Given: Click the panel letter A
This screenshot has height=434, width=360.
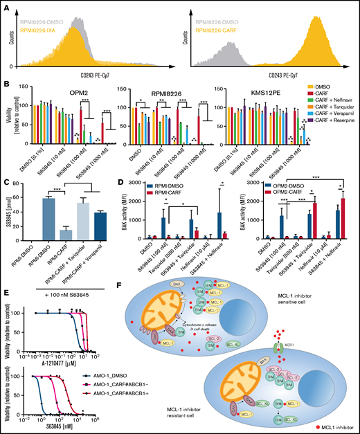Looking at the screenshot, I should click(6, 6).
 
